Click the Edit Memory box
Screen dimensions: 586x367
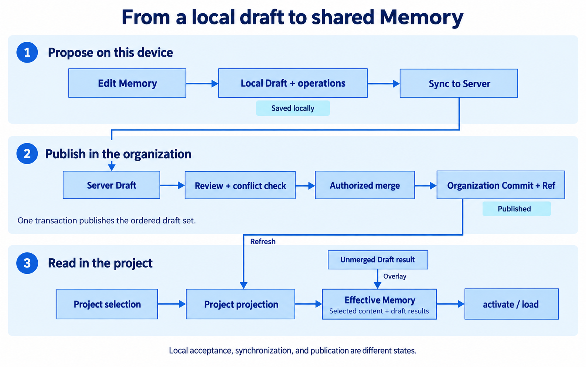click(127, 83)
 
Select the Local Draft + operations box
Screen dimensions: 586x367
click(293, 83)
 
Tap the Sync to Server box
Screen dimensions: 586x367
click(459, 83)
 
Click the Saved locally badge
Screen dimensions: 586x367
click(293, 108)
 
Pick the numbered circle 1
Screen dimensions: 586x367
click(27, 53)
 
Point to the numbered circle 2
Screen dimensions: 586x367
click(27, 154)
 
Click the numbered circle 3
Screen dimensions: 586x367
click(27, 263)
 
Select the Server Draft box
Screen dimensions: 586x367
click(112, 185)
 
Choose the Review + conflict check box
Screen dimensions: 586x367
click(240, 185)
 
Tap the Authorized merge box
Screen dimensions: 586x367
click(365, 185)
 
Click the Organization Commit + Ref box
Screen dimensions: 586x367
click(501, 185)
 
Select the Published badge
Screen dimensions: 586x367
click(517, 209)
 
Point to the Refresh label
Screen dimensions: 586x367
click(263, 242)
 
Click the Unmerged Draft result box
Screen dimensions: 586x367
click(378, 260)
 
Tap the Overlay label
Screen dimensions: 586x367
click(395, 276)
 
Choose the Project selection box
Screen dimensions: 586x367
click(107, 304)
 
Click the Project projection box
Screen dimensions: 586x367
click(241, 304)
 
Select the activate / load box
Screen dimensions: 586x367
click(511, 304)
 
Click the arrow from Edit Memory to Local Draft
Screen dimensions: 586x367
click(202, 84)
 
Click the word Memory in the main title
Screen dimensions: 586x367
click(422, 17)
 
